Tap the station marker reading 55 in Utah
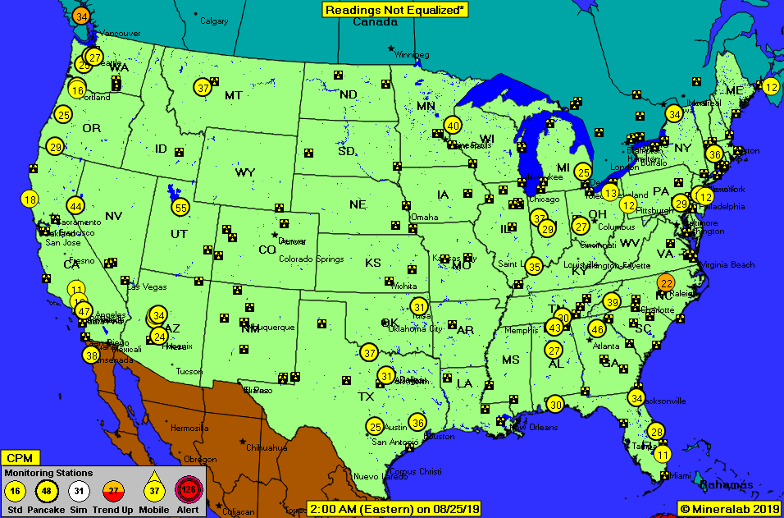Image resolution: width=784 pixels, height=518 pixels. click(180, 208)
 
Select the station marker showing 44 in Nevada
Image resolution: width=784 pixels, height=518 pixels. click(76, 206)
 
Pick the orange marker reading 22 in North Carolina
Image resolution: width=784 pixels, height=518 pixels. click(667, 283)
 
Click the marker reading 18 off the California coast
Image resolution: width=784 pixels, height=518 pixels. click(30, 199)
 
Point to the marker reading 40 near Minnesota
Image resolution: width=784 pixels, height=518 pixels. click(453, 126)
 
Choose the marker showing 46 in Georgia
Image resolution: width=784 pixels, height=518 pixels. click(597, 329)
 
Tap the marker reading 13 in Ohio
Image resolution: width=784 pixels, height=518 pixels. click(609, 192)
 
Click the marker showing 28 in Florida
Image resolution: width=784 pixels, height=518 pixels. click(656, 432)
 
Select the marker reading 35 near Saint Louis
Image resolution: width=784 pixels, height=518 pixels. click(534, 266)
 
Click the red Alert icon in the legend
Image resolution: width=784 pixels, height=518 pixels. click(189, 492)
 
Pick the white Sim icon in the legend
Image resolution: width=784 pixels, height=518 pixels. click(79, 492)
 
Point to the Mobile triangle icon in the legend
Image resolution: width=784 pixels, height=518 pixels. click(153, 491)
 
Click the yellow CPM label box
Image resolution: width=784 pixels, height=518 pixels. click(20, 457)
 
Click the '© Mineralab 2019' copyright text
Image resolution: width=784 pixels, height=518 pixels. click(729, 509)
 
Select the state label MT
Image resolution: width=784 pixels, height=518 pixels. click(233, 95)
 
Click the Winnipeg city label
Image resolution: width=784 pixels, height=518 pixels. click(411, 54)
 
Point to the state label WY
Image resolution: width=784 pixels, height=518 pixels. click(244, 172)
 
